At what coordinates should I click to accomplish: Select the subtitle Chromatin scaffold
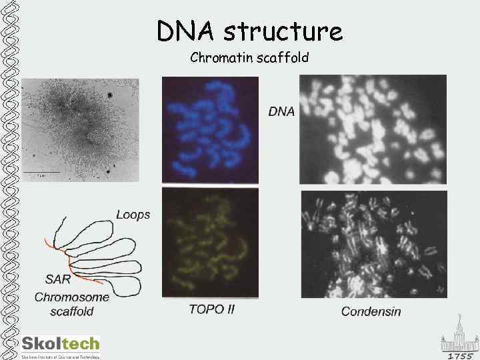point(249,58)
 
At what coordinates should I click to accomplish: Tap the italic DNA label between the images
point(281,111)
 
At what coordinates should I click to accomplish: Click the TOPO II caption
point(211,309)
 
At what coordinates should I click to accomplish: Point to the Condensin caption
point(371,311)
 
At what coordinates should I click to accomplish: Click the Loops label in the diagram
point(133,215)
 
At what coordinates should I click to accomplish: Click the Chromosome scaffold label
point(71,304)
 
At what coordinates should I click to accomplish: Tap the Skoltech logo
point(60,345)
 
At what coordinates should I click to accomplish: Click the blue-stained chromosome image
point(210,129)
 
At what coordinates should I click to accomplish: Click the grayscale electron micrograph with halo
point(80,129)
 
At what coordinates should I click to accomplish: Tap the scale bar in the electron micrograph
point(41,172)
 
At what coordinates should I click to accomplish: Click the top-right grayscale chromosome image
point(373,129)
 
